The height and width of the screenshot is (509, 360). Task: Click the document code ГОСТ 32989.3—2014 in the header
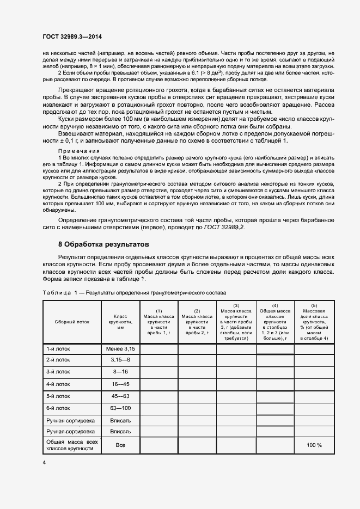click(x=72, y=36)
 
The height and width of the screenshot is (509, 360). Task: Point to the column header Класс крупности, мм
click(x=120, y=322)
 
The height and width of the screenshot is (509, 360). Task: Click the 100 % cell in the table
click(x=314, y=445)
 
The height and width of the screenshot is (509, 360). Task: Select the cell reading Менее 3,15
click(x=120, y=348)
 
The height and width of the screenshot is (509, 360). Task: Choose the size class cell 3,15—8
click(x=120, y=360)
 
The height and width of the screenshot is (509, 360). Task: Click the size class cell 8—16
click(x=120, y=372)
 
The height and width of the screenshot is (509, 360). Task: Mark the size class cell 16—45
click(x=120, y=384)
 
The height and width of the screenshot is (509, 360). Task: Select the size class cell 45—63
click(x=120, y=396)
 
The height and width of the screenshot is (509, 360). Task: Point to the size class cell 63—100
click(x=120, y=408)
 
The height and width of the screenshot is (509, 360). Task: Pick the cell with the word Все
click(x=120, y=445)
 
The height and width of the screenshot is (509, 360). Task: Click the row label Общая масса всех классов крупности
click(x=71, y=445)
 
